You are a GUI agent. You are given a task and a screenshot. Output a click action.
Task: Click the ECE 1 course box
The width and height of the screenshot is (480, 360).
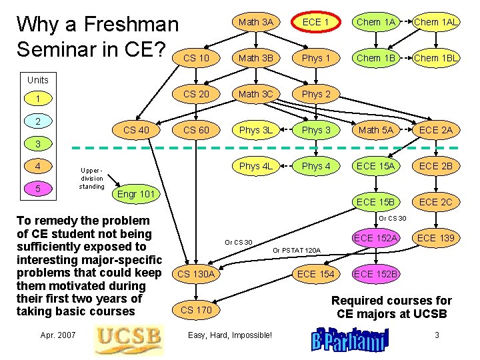(316, 22)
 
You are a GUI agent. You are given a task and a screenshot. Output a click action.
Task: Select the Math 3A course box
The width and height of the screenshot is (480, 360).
(256, 22)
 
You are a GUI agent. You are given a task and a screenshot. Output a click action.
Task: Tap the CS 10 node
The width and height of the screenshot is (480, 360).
(196, 58)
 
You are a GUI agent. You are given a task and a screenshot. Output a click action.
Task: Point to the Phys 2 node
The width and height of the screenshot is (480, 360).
(316, 94)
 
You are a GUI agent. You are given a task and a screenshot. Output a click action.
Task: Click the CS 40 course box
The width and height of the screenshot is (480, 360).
(136, 130)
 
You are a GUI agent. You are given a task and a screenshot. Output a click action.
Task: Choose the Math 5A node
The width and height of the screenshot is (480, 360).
(376, 130)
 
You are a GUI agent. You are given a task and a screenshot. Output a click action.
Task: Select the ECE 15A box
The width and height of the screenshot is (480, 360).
(376, 166)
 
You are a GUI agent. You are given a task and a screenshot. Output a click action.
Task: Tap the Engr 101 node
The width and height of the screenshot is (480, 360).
(136, 195)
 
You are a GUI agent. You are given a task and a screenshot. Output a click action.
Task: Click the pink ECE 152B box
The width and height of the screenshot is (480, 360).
(376, 274)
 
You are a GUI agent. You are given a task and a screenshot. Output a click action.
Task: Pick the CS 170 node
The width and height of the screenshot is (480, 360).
(196, 310)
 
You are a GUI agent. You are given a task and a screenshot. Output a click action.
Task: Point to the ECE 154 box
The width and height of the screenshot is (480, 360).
(316, 274)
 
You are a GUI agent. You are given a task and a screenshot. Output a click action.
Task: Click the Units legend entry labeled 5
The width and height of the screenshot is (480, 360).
(38, 189)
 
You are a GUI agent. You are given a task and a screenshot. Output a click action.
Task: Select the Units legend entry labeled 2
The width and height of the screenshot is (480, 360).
(38, 121)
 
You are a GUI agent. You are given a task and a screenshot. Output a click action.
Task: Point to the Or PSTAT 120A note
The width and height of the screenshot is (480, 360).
(297, 251)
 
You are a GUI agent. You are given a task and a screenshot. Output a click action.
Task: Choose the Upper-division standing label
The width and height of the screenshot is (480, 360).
(91, 178)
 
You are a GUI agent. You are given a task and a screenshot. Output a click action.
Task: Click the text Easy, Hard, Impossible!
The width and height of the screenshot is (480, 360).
(231, 335)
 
